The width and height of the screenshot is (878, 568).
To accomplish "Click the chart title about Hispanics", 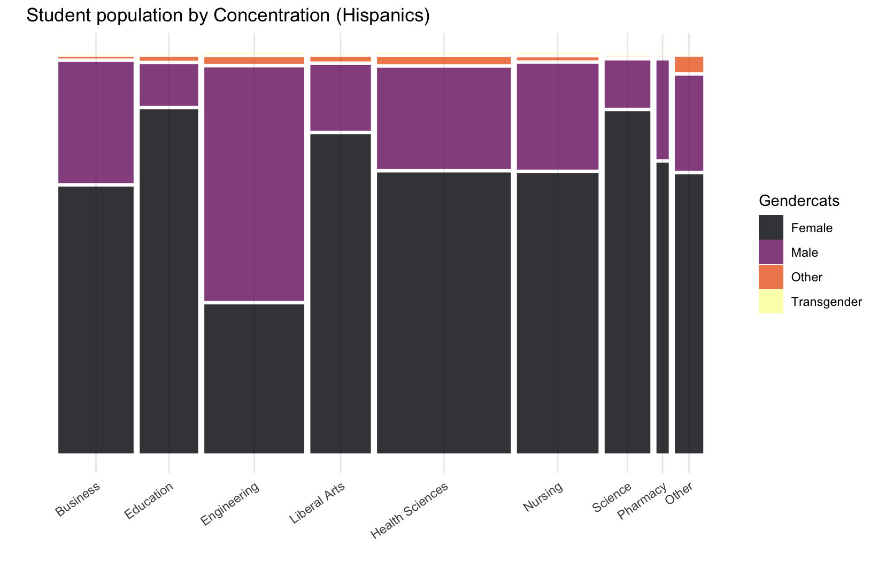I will [228, 16].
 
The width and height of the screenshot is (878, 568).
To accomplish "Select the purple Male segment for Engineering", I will [254, 184].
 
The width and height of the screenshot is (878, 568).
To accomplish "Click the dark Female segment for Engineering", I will [254, 378].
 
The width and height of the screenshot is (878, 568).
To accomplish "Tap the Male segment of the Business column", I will [96, 122].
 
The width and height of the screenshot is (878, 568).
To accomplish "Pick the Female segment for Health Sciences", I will [444, 312].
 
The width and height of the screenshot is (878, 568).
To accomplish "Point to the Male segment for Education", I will [169, 85].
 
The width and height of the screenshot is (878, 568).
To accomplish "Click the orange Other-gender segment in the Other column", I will [689, 64].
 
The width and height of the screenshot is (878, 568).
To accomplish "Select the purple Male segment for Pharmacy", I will [663, 110].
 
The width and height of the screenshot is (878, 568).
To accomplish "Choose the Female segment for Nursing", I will [558, 313].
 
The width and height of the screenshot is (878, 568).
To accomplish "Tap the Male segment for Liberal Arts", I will [341, 97].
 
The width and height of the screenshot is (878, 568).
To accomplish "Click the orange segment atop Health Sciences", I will [444, 60].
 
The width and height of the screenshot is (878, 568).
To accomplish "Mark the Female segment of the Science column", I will [627, 282].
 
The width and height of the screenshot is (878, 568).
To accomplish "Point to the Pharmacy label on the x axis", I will [642, 501].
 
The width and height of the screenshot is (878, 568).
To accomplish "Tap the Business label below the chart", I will [78, 500].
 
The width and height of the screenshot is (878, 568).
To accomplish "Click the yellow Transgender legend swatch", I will [771, 302].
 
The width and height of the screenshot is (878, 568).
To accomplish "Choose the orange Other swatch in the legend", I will [771, 277].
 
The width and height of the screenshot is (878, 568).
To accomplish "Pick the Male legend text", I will [804, 252].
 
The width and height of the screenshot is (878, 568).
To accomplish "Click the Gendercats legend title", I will [798, 201].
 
